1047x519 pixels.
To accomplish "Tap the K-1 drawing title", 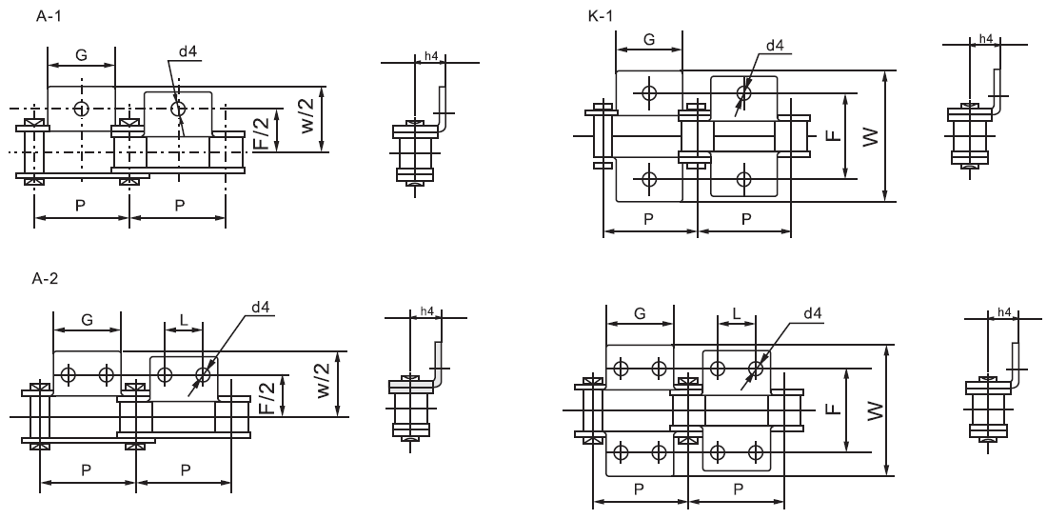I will [602, 16].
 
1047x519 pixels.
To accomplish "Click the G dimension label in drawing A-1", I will [82, 58].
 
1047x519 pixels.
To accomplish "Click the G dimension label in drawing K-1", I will [649, 40].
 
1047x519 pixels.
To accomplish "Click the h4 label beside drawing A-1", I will [430, 57].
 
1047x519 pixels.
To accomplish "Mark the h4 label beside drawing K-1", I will [985, 39].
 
